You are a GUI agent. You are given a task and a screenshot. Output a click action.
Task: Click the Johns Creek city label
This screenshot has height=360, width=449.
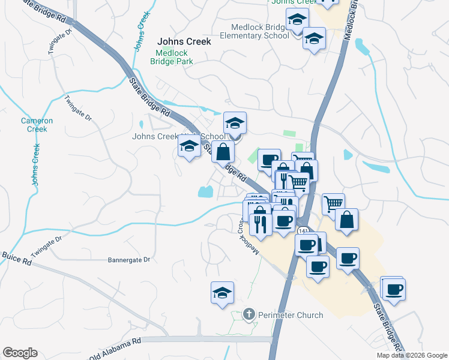[x=184, y=42]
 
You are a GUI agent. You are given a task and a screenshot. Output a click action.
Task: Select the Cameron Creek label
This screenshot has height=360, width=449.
[x=37, y=125]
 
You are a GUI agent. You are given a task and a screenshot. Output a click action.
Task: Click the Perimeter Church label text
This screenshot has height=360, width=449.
[x=291, y=315]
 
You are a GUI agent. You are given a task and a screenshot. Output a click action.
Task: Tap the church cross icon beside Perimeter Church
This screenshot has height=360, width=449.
[x=250, y=314]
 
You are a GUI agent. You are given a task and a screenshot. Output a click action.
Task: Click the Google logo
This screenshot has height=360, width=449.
[x=20, y=353]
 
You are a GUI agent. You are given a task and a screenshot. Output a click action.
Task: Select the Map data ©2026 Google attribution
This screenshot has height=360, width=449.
[x=411, y=355]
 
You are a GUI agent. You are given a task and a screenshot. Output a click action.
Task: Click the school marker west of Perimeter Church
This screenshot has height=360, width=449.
[x=222, y=294]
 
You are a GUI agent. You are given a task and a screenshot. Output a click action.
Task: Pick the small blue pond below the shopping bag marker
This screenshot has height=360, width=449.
[x=205, y=192]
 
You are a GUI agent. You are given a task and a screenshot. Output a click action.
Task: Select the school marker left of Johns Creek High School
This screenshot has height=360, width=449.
[x=190, y=146]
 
